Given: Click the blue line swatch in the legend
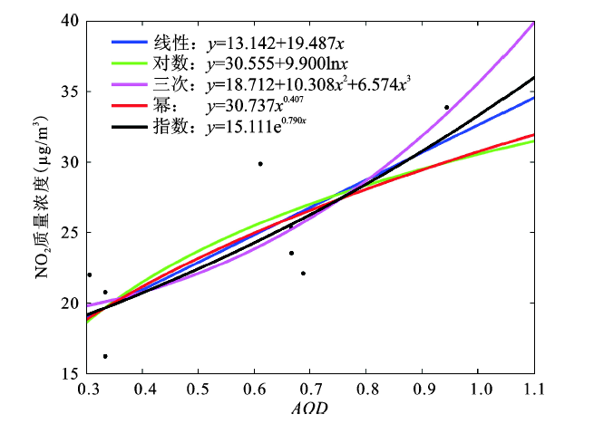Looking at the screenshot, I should (x=126, y=42).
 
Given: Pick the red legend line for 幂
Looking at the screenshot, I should (x=126, y=106).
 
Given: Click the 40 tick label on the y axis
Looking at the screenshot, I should (x=70, y=21).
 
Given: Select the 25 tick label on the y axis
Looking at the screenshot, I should (x=70, y=233).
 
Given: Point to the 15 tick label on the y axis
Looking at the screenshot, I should (x=70, y=373).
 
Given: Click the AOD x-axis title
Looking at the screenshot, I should (x=310, y=408).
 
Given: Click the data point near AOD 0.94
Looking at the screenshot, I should (x=446, y=108).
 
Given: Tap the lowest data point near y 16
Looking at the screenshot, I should (x=105, y=356).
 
